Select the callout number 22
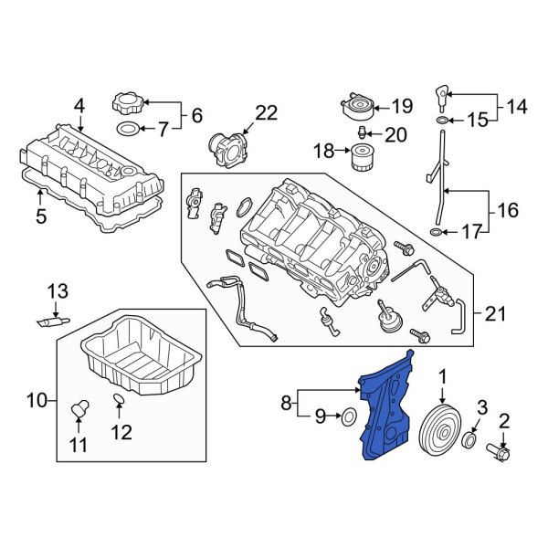[265, 113]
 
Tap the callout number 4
[79, 107]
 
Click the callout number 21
[494, 314]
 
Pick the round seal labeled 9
[349, 417]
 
